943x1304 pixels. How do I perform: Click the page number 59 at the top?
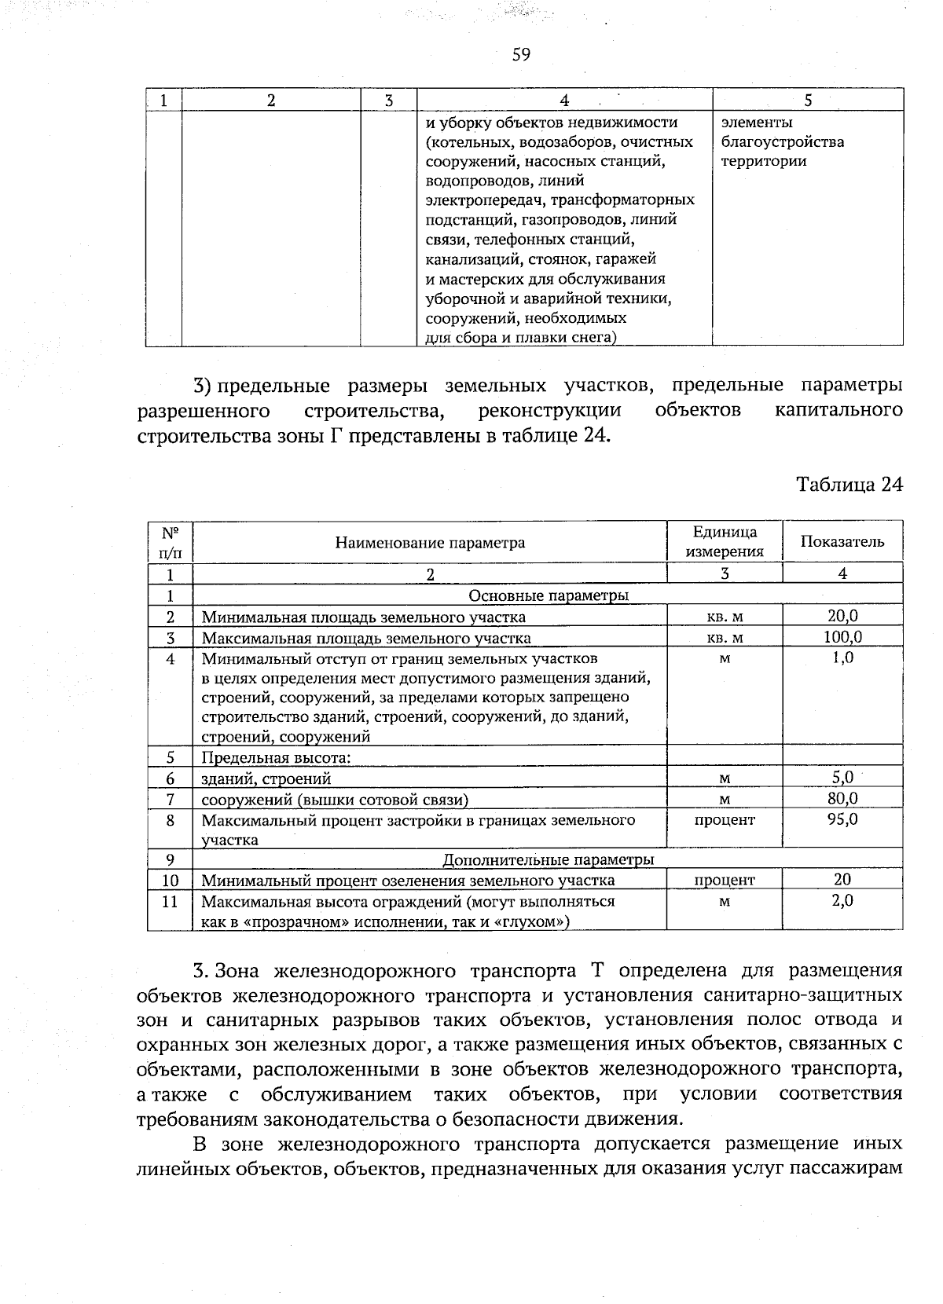[521, 54]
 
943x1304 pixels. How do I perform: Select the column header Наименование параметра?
[430, 542]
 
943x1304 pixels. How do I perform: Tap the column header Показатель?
[842, 541]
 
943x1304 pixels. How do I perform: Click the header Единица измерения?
[724, 541]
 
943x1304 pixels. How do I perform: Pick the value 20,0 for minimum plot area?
[842, 616]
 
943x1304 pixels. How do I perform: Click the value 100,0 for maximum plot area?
[842, 637]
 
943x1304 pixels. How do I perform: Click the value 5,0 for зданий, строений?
[842, 778]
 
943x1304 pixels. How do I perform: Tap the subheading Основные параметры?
[548, 595]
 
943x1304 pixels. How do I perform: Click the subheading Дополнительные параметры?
[548, 859]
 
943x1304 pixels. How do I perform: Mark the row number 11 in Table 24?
[170, 901]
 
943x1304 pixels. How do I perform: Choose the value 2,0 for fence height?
[842, 901]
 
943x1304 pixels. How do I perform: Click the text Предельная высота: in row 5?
[275, 758]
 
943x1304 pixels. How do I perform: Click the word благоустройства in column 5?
[782, 142]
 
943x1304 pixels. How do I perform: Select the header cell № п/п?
[170, 541]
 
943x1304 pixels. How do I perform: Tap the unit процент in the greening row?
[724, 881]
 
